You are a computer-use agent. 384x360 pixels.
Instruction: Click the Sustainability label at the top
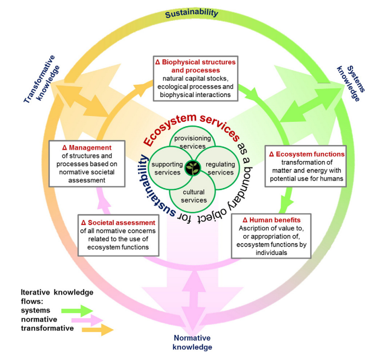pos(192,13)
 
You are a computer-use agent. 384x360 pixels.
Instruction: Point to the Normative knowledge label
pos(192,342)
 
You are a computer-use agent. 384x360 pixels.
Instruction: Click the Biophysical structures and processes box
pos(195,78)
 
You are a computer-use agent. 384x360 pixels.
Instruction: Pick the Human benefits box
pos(271,236)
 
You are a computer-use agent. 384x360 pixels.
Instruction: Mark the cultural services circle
pos(193,195)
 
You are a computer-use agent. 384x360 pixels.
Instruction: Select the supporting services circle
pos(166,168)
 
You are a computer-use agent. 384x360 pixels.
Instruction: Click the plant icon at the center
pos(192,168)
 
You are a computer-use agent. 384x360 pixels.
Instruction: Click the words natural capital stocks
pos(195,78)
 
